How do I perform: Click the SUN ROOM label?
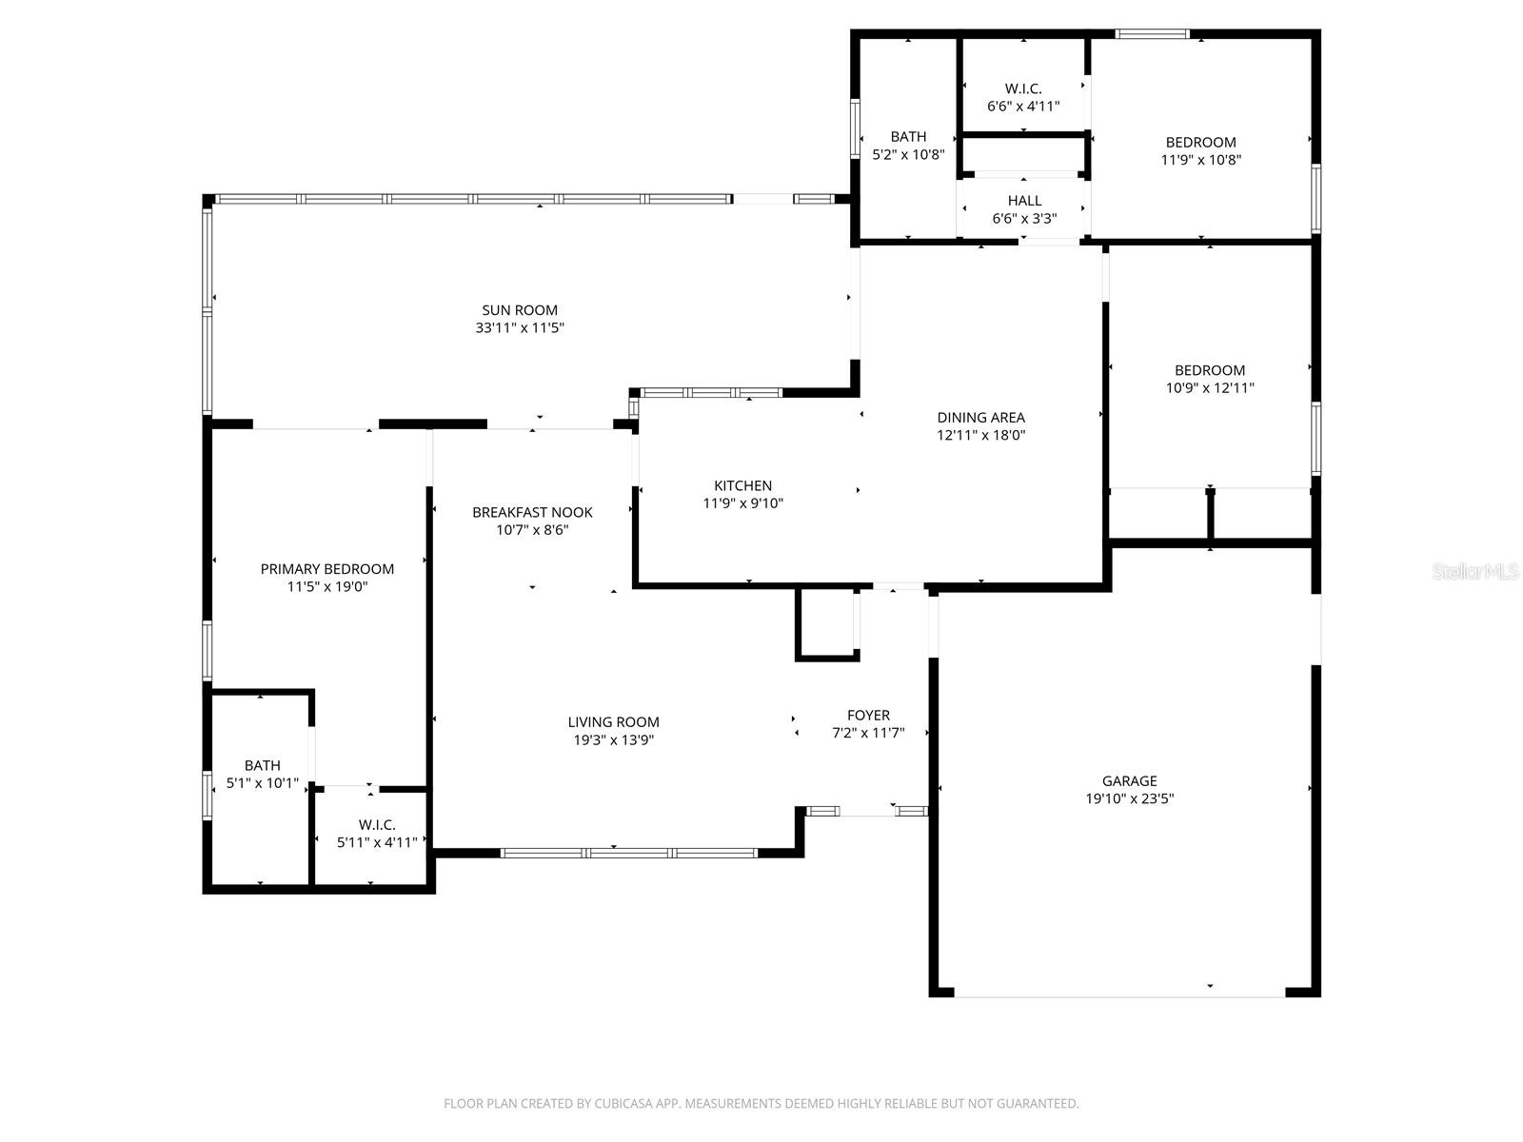click(x=519, y=310)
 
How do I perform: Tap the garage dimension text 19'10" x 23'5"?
click(x=1130, y=799)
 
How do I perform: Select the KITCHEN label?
click(x=742, y=486)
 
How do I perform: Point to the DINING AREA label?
click(x=980, y=418)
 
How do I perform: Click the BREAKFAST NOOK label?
click(x=532, y=513)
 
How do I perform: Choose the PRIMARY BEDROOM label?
click(x=326, y=569)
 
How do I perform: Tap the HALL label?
click(x=1024, y=201)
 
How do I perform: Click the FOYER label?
click(x=868, y=716)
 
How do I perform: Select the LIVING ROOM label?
click(x=613, y=722)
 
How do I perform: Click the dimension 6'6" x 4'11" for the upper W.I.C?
click(x=1023, y=107)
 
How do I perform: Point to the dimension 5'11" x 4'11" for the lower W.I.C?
click(x=377, y=842)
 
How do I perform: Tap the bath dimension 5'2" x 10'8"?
click(x=908, y=154)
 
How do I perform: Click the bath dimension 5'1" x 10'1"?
click(x=262, y=784)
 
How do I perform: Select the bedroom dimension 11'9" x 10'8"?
click(x=1200, y=160)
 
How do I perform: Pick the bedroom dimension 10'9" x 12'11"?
click(x=1210, y=388)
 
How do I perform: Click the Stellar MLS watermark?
click(x=1475, y=572)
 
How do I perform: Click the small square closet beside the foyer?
click(x=826, y=623)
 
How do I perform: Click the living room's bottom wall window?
click(x=629, y=853)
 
